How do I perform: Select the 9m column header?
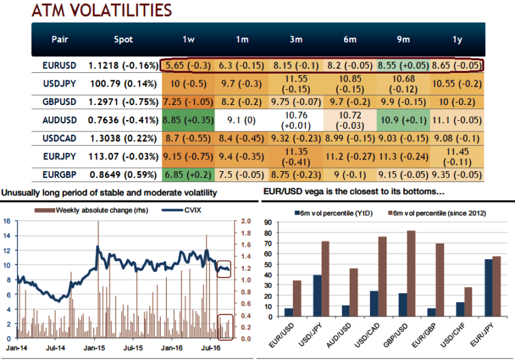[403, 39]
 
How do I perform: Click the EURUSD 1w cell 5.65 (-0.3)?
[189, 65]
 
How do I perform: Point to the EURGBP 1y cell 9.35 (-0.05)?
[457, 174]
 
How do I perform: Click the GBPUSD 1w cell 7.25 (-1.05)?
[189, 102]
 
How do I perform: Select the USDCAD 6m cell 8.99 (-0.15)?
[349, 138]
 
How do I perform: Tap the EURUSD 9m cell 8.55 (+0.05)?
[403, 65]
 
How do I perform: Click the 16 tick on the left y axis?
[6, 220]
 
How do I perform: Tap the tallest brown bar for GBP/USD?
[411, 273]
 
